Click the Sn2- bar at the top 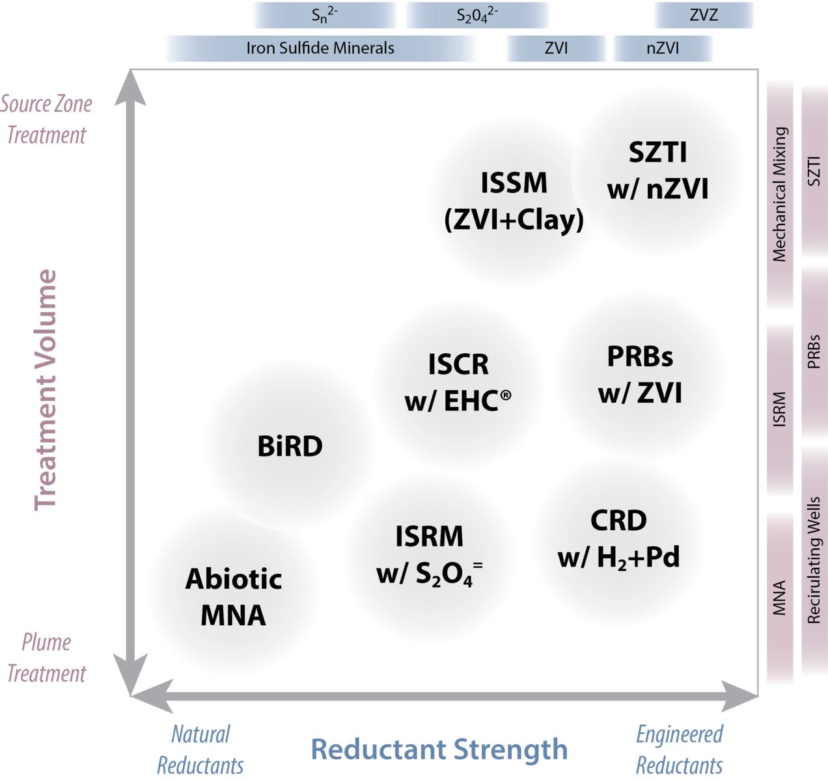pos(325,15)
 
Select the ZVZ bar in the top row pos(704,15)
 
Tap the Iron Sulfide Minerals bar pos(320,48)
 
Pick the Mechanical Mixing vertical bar pos(780,195)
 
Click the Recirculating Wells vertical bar pos(814,559)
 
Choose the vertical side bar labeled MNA pos(780,598)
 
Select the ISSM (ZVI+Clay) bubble pos(514,201)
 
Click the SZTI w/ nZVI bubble pos(657,170)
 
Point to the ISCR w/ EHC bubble pos(458,383)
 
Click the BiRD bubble pos(290,446)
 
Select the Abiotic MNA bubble pos(234,597)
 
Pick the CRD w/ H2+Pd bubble pos(618,539)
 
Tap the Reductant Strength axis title pos(439,749)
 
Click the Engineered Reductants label pos(679,749)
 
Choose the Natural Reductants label pos(200,749)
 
